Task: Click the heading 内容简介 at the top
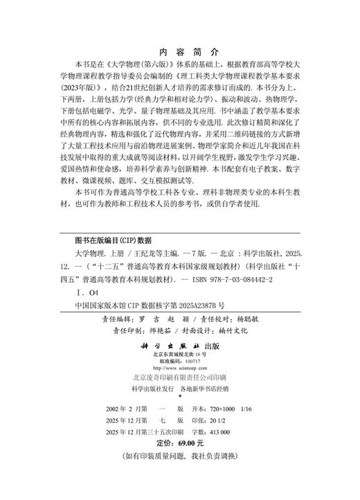[180, 51]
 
